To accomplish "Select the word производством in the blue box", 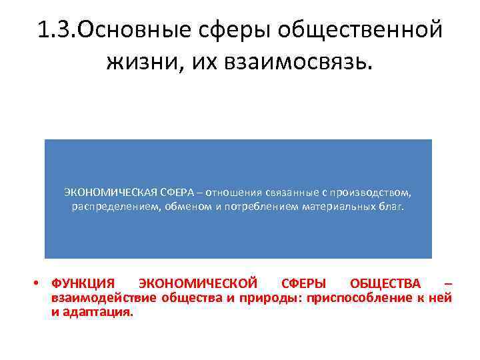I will [371, 193].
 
